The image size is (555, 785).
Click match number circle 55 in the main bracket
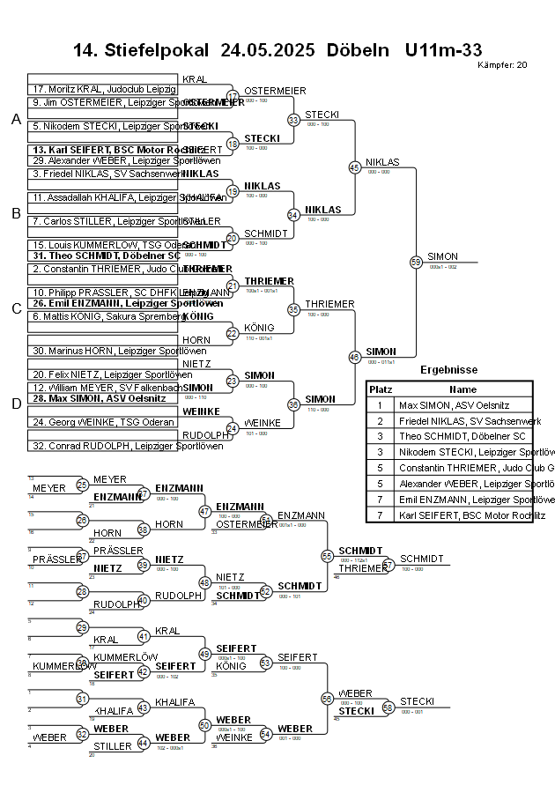coord(416,262)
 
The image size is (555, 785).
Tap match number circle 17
coord(233,96)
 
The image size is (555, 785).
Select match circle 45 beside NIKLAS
coord(354,167)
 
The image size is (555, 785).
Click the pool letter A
coord(15,120)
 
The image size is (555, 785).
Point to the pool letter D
coord(15,404)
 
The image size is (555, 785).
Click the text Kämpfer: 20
coord(502,65)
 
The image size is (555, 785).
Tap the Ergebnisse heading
coord(448,370)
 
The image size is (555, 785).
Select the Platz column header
coord(381,389)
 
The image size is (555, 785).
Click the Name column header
coord(462,389)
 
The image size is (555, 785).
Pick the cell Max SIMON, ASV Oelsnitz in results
coord(454,405)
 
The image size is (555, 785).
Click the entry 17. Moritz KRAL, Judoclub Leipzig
coord(103,90)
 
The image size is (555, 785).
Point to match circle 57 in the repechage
coord(388,565)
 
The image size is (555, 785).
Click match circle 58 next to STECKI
coord(388,707)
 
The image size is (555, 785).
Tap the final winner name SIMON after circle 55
coord(442,256)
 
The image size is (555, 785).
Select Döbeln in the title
coord(357,50)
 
